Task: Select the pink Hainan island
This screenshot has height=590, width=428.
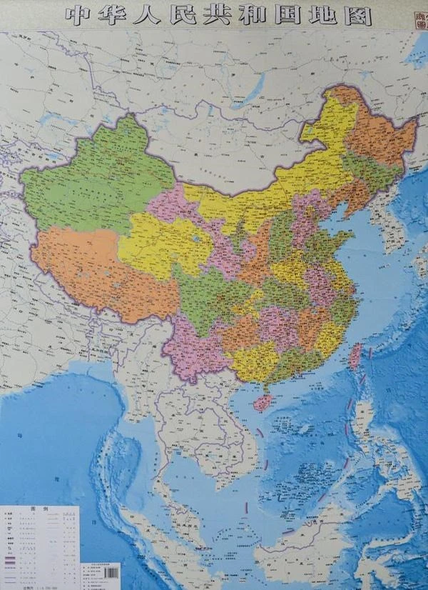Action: (264, 401)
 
